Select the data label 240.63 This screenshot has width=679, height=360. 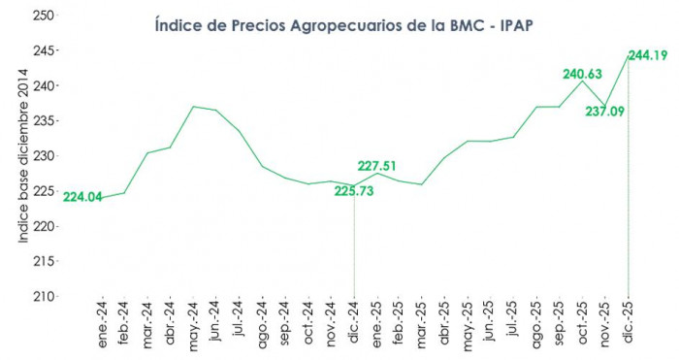click(587, 73)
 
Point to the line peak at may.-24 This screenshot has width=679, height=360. click(193, 106)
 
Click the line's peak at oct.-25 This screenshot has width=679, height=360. click(583, 81)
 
